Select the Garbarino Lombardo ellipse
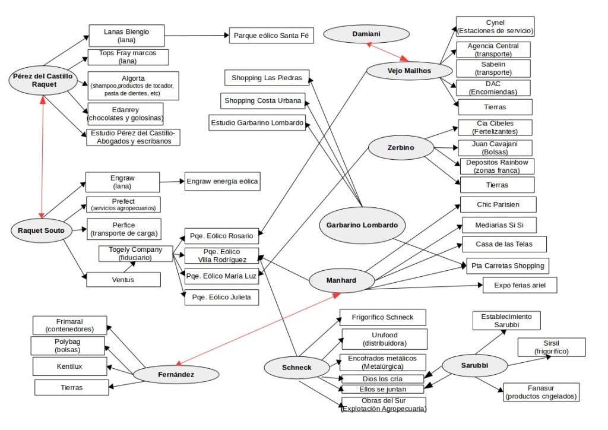click(362, 225)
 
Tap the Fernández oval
click(172, 374)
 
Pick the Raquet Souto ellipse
click(41, 230)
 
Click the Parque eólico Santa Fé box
click(271, 35)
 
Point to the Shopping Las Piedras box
click(267, 78)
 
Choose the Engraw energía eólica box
click(222, 181)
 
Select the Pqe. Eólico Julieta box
click(221, 296)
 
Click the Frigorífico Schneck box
click(383, 317)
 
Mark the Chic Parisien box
click(498, 204)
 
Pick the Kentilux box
click(69, 366)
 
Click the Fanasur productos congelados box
click(541, 392)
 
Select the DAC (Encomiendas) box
click(492, 88)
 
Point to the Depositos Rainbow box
click(496, 166)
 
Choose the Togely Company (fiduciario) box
click(135, 254)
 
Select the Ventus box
click(123, 280)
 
